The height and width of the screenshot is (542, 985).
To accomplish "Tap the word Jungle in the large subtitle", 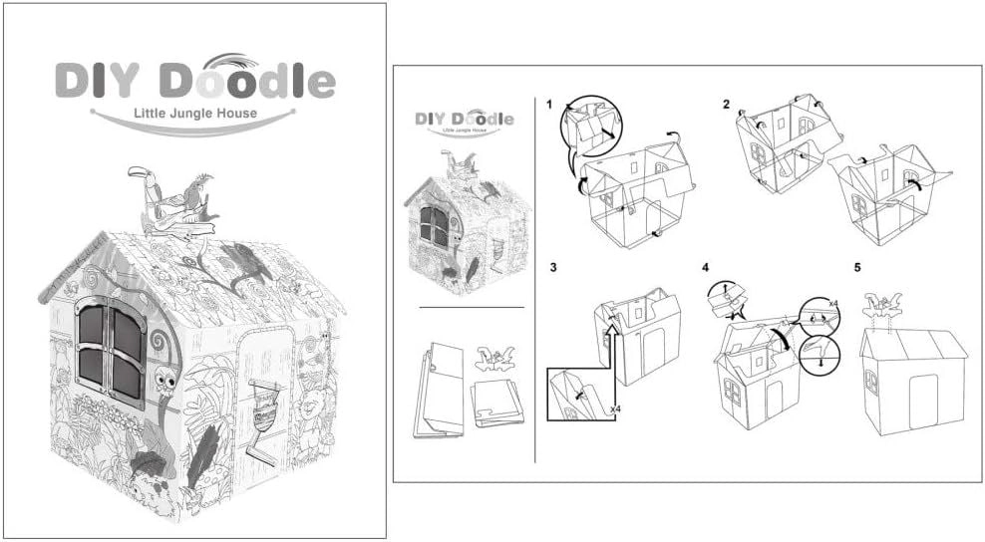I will tap(195, 114).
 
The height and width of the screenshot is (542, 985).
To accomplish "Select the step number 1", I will tap(550, 105).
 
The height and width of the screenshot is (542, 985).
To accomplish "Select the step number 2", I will tap(727, 105).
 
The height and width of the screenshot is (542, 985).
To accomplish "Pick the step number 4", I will tap(705, 268).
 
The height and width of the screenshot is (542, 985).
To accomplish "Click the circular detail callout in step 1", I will tap(592, 126).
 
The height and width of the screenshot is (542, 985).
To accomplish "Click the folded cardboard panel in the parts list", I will tap(439, 388).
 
